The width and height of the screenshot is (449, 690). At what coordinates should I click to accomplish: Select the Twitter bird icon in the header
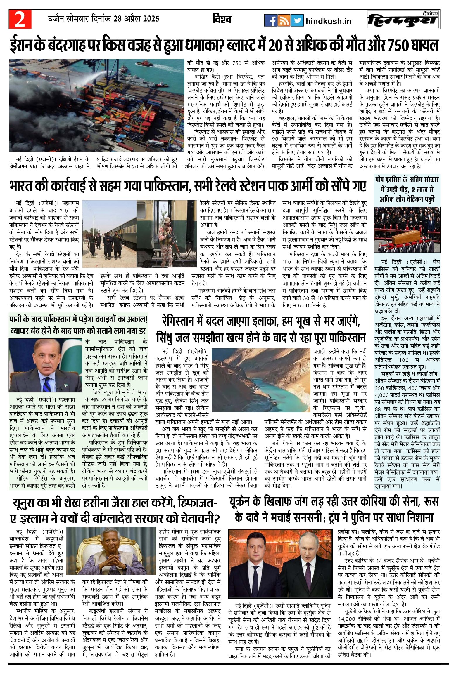tap(297, 21)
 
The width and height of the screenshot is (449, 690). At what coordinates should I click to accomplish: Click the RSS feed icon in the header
tap(284, 21)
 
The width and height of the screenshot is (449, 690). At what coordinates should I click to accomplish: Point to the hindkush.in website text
tap(328, 21)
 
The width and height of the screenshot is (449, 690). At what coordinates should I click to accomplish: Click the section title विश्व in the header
tap(222, 19)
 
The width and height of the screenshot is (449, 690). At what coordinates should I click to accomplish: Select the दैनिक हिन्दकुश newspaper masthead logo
tap(404, 20)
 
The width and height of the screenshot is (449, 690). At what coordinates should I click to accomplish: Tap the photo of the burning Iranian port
tap(96, 105)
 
